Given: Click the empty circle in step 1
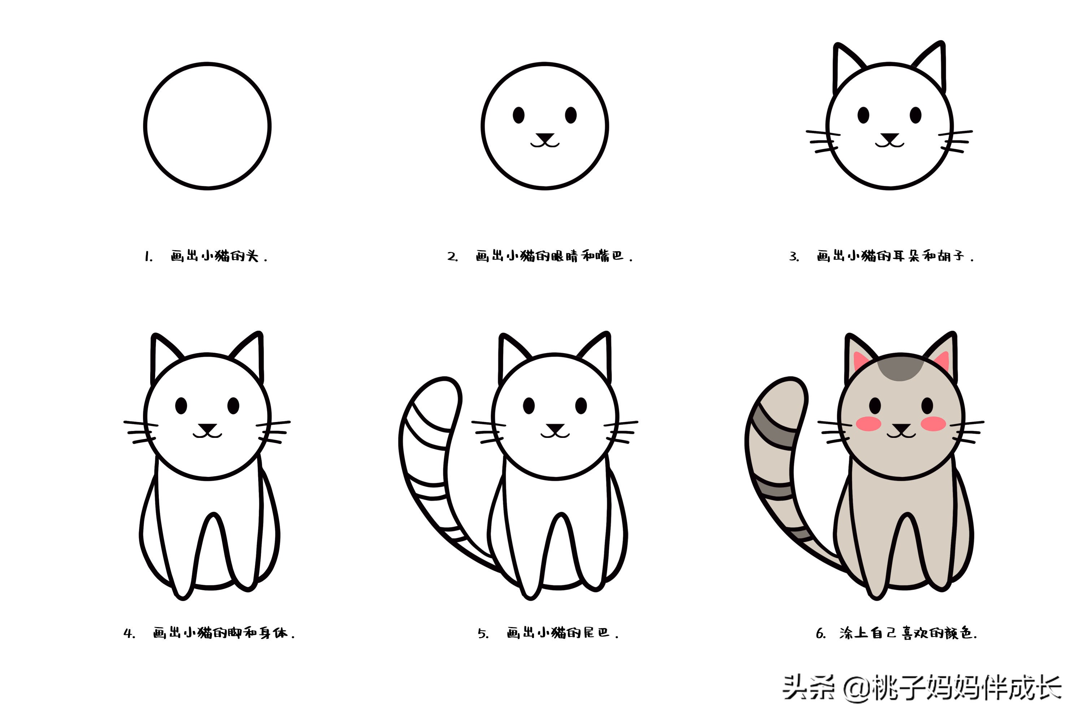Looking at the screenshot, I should coord(207,126).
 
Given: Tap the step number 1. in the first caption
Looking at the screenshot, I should coord(148,256).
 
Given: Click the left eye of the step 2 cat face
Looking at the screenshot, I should coord(518,115).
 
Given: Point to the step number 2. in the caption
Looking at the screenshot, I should coord(452,256).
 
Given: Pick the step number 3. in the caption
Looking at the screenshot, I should coord(794,256).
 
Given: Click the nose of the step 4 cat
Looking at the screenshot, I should coord(207,428).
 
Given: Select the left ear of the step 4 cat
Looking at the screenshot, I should coord(165,357).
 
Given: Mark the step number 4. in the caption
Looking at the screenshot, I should coord(129,634).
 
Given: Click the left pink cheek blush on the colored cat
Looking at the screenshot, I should coord(869,423).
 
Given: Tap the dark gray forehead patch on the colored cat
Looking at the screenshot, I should coord(900,368).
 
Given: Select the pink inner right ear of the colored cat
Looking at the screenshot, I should coord(941,361).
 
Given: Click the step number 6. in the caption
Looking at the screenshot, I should coord(821,634).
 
